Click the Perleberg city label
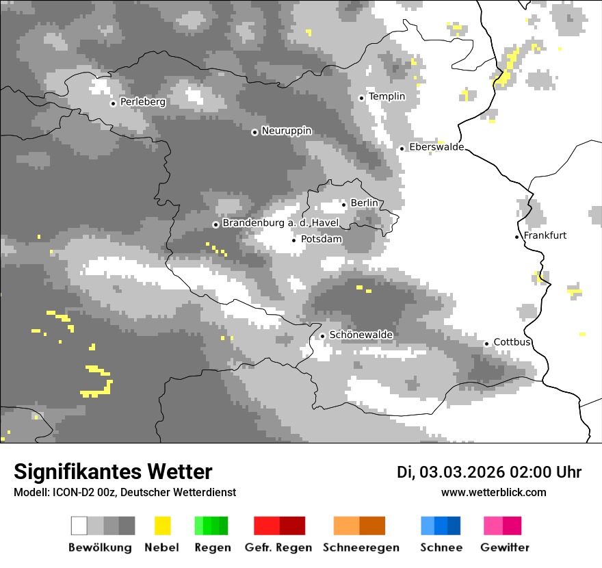[142, 102]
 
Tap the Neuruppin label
[286, 131]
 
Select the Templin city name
[387, 96]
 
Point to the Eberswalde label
[436, 147]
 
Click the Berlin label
[364, 203]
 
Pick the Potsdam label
[321, 240]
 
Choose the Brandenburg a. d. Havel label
[280, 224]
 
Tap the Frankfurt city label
[545, 235]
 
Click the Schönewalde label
[361, 335]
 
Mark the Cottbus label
[512, 342]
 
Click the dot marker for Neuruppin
[254, 132]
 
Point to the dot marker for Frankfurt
[517, 237]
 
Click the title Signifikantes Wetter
[113, 472]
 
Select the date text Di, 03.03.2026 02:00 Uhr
[489, 472]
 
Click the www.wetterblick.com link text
[493, 492]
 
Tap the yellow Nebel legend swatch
[162, 526]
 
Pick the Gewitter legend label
[504, 547]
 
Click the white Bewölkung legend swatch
[79, 526]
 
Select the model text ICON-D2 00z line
[125, 492]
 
